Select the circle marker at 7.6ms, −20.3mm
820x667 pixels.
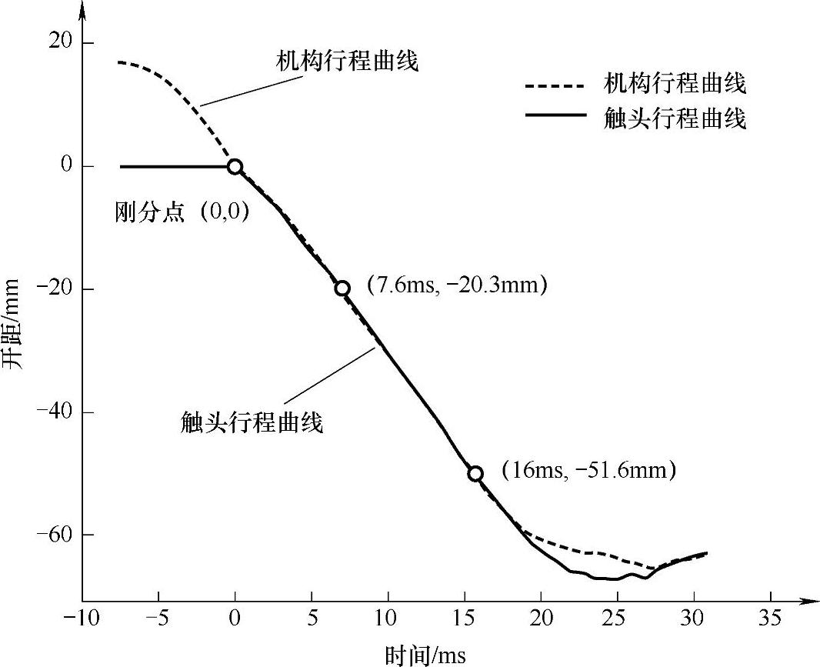click(x=342, y=288)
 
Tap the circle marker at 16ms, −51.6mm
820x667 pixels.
click(x=476, y=473)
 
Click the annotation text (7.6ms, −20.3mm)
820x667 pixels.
click(x=456, y=285)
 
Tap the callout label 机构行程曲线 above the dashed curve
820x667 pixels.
click(x=347, y=62)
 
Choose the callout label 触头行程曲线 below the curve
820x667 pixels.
click(x=252, y=422)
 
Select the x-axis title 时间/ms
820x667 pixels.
click(x=425, y=655)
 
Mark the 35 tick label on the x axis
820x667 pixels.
click(x=770, y=619)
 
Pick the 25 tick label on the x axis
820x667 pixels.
click(x=617, y=619)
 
